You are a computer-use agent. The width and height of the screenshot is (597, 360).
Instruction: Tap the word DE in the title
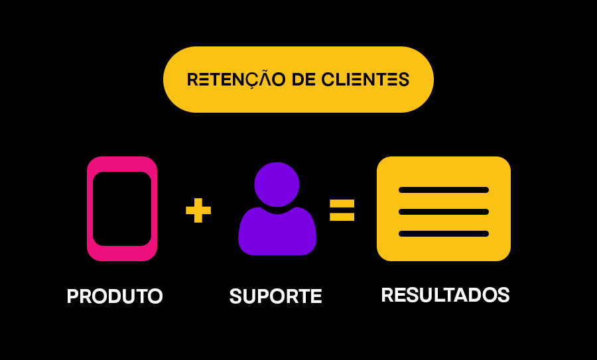(303, 80)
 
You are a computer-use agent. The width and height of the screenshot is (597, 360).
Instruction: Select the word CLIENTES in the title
(365, 80)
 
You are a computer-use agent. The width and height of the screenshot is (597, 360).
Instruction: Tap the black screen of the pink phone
(122, 209)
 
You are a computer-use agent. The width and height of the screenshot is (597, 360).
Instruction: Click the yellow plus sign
(198, 210)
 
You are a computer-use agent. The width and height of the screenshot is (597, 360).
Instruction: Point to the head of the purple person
(277, 184)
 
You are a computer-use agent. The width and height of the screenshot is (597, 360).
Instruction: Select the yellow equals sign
(342, 210)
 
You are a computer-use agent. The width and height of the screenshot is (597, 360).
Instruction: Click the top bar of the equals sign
(342, 204)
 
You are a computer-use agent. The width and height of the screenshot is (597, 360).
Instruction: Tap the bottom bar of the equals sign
(342, 217)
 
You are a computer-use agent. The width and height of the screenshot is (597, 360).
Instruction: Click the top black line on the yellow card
(444, 190)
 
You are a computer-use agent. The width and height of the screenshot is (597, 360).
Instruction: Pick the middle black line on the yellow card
(444, 211)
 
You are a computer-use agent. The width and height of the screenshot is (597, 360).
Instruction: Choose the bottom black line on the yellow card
(444, 233)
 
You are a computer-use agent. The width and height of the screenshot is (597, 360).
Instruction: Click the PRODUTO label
(115, 296)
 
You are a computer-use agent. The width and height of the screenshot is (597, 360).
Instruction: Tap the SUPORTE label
(276, 296)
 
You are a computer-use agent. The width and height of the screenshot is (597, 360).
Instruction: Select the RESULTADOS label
(446, 295)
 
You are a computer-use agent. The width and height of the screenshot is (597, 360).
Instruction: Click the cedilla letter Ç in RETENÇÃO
(247, 81)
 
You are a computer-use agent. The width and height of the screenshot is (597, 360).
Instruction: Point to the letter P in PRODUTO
(73, 296)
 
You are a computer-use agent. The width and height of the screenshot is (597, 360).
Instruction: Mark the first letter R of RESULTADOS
(387, 295)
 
